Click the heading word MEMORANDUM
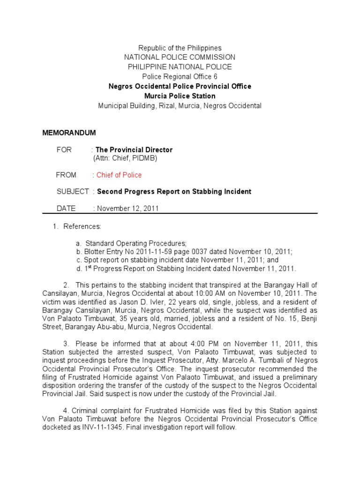69,133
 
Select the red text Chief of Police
119,175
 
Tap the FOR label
64,150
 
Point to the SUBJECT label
73,191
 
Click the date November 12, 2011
127,208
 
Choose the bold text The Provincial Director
134,150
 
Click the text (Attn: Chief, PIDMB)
125,158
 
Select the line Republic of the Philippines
180,48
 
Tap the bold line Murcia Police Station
180,96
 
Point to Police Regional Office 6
180,77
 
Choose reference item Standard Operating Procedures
135,243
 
